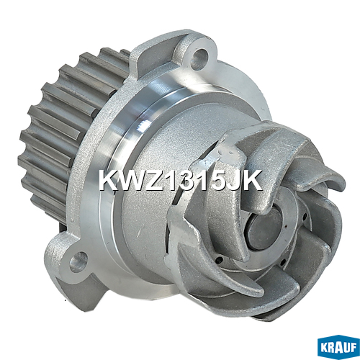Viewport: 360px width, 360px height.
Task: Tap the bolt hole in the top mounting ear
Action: pyautogui.click(x=199, y=58)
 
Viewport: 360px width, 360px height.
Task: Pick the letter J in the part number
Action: pyautogui.click(x=233, y=180)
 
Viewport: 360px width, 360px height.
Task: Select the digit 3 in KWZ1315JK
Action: pyautogui.click(x=189, y=180)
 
